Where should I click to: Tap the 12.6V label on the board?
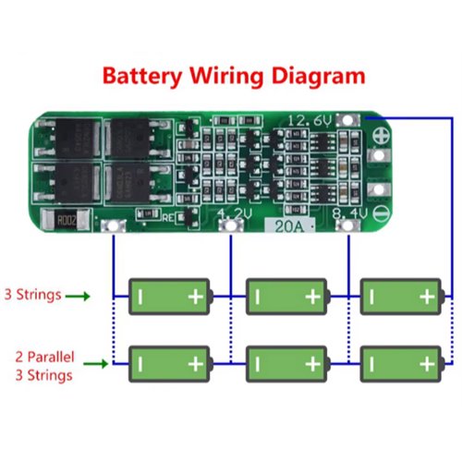tap(310, 121)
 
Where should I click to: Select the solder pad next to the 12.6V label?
tap(346, 120)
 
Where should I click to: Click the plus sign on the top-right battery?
tap(426, 297)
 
